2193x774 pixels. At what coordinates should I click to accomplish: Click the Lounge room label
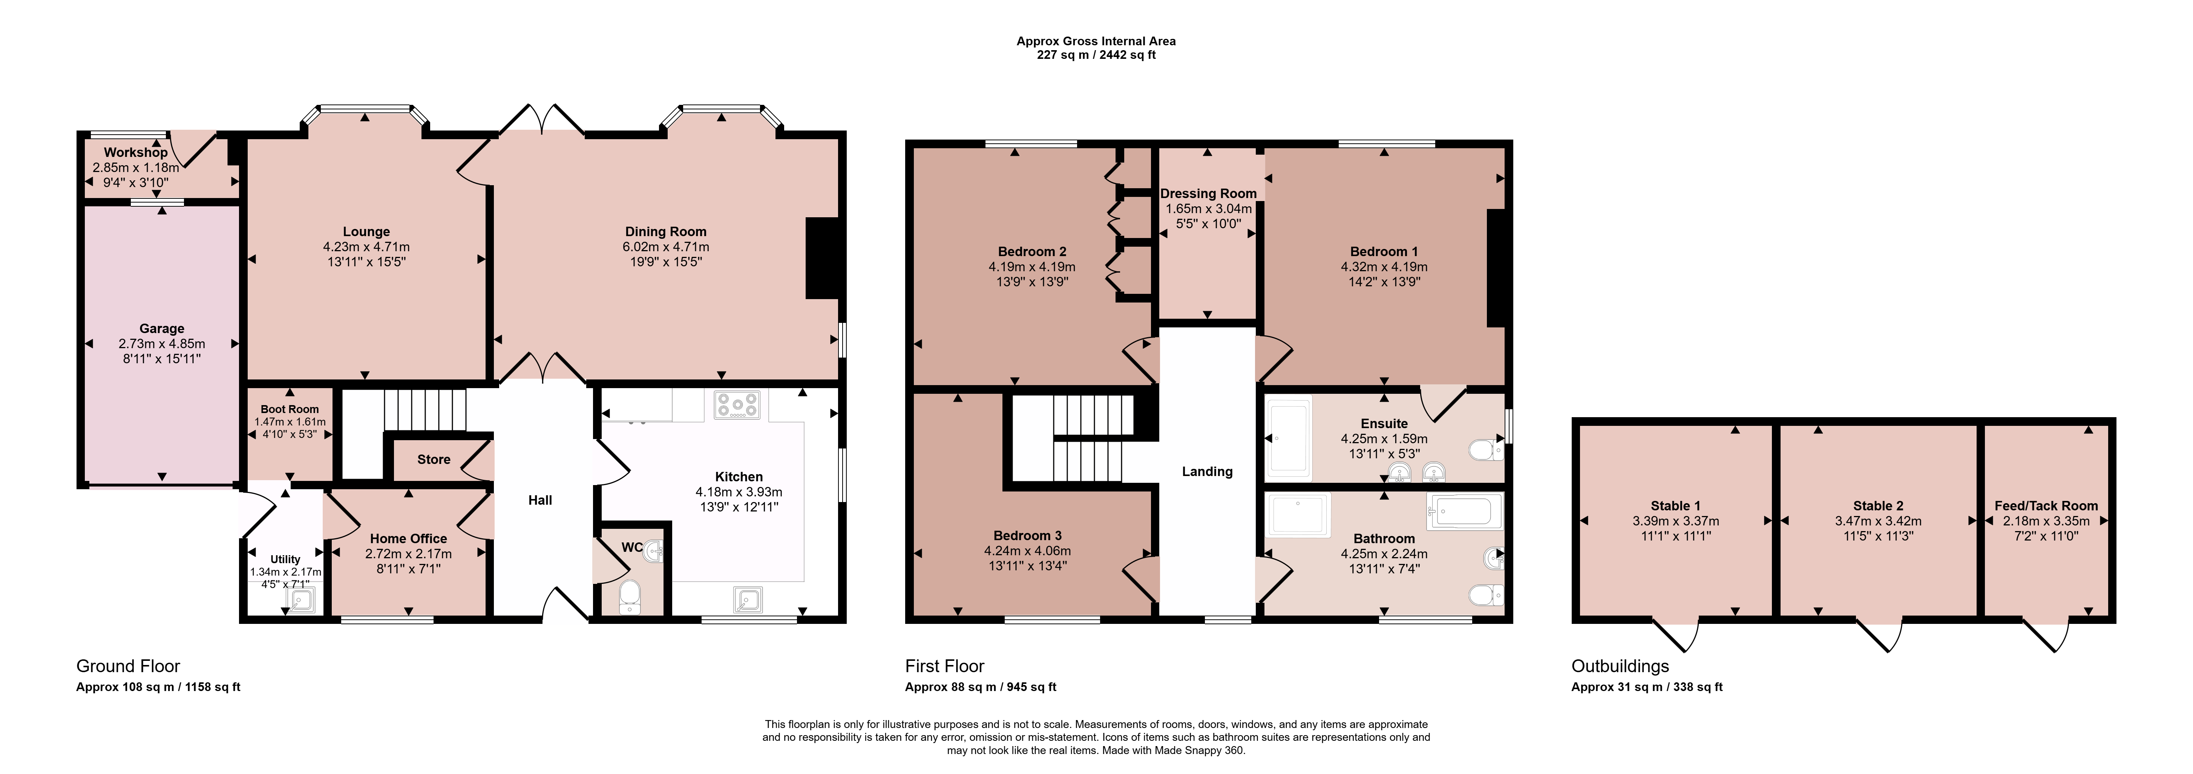click(366, 232)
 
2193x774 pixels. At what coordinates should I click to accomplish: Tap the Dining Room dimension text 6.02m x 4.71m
click(666, 247)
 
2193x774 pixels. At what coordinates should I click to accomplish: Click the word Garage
click(162, 329)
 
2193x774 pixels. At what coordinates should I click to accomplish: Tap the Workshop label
click(136, 152)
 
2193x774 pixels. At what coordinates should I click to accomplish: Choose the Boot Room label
click(290, 410)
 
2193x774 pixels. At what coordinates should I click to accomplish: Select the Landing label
click(1207, 472)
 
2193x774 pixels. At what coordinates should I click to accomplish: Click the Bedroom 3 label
click(1028, 536)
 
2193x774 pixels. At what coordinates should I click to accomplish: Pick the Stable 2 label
click(1878, 506)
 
